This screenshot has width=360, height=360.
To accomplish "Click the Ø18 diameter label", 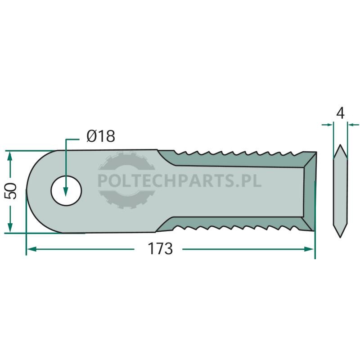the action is coord(101,136).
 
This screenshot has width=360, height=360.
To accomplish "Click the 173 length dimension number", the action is coord(160,249).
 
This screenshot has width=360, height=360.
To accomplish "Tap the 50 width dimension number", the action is coord(10,191).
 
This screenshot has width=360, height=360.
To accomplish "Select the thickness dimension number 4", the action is coord(340,113).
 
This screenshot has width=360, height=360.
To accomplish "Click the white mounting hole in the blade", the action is coord(66,191).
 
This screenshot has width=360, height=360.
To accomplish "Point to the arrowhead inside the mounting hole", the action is coord(66,191).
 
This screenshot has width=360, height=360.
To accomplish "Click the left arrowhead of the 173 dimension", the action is coord(31,249).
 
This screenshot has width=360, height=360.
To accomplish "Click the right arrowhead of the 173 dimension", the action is coord(309,249).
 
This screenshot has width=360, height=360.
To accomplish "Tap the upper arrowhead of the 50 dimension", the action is coord(9,157).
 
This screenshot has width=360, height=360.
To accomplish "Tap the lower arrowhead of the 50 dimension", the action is coord(9,227).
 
